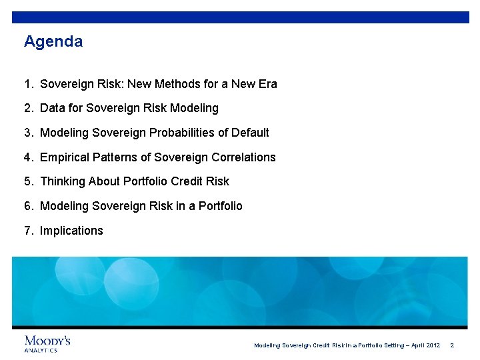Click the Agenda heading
coord(53,42)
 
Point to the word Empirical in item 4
coord(65,157)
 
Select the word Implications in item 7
coord(71,231)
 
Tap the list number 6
coord(28,206)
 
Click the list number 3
coord(28,133)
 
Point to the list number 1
coord(28,84)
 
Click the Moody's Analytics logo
coord(47,343)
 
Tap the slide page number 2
coord(452,345)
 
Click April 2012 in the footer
coord(425,345)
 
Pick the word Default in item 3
coord(250,133)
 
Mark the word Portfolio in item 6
coord(218,206)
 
